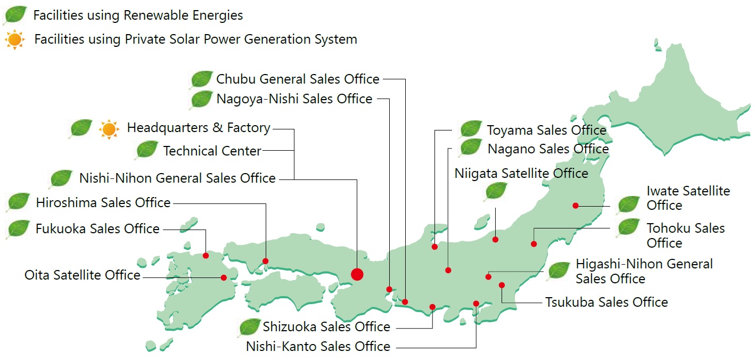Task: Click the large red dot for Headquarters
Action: (357, 274)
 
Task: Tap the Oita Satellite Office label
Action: (83, 275)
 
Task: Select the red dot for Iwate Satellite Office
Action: (576, 206)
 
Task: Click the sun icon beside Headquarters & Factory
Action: (109, 129)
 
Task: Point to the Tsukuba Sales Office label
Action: (606, 302)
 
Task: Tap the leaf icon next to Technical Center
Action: (146, 150)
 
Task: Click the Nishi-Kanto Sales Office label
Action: (318, 347)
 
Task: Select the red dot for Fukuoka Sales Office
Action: (206, 256)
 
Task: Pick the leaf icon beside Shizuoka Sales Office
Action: (249, 327)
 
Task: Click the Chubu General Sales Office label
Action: (298, 79)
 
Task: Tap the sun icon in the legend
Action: (14, 40)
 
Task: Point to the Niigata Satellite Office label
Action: (521, 174)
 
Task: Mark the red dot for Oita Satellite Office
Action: (224, 277)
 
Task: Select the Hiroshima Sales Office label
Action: (103, 203)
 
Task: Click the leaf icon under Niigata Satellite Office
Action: (496, 191)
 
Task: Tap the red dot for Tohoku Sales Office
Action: (534, 244)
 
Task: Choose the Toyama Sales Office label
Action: (546, 130)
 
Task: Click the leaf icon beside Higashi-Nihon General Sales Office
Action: (559, 271)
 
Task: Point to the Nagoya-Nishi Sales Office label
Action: (294, 99)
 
